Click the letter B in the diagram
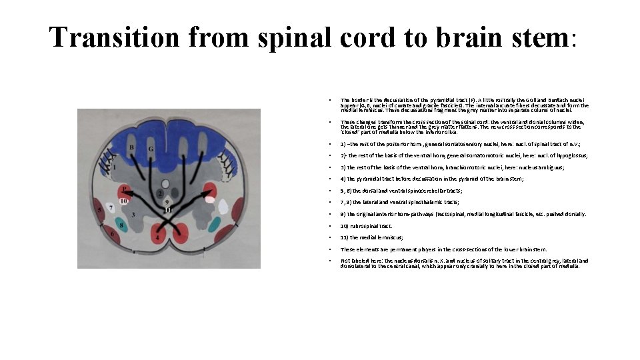(x=132, y=147)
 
